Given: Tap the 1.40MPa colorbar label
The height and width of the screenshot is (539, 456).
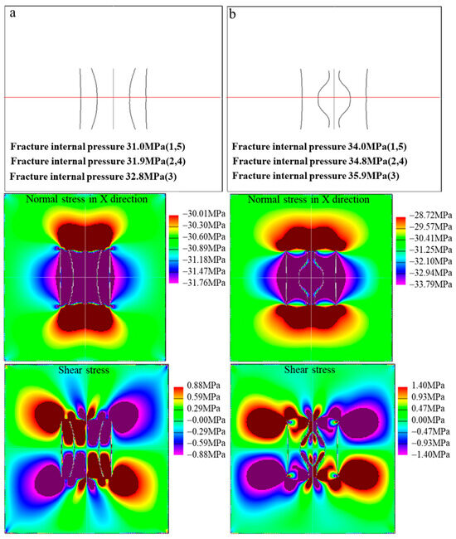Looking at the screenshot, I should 423,387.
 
